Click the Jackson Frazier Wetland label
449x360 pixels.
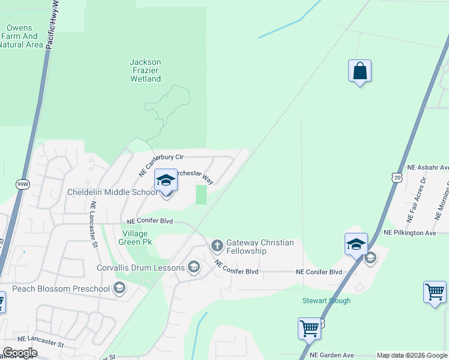point(145,70)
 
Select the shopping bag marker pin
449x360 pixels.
point(360,71)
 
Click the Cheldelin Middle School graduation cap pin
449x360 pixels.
point(166,180)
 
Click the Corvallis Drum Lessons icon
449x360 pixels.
point(193,268)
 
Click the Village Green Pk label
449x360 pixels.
point(137,238)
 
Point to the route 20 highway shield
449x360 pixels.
point(396,177)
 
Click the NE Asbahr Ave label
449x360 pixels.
point(427,167)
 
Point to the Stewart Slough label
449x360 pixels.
point(326,301)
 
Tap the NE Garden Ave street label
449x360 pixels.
point(332,355)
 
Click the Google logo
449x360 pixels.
point(20,353)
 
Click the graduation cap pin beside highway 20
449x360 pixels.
point(356,244)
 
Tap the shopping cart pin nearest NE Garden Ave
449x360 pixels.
point(309,328)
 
